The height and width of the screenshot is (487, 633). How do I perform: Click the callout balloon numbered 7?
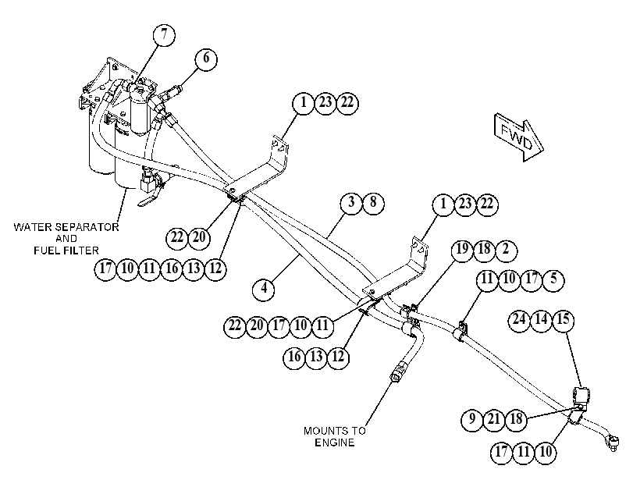[x=165, y=35]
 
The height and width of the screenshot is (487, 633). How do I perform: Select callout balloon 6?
[x=206, y=59]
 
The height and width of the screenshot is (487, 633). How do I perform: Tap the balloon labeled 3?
[x=351, y=203]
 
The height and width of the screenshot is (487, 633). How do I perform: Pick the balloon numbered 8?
[x=373, y=203]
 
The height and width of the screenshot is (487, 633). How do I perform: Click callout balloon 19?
[x=463, y=251]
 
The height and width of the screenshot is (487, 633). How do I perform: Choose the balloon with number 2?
[x=506, y=251]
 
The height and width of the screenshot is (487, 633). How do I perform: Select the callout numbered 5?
[x=553, y=279]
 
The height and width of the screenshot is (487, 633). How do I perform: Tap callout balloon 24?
[x=519, y=321]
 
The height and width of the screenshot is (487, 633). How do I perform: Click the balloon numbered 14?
[x=541, y=321]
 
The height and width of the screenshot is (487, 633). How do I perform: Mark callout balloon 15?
[x=563, y=321]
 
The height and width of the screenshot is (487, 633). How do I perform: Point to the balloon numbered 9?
[x=472, y=420]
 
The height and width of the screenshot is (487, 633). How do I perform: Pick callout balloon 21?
[x=494, y=420]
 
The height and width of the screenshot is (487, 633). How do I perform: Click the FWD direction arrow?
[x=519, y=137]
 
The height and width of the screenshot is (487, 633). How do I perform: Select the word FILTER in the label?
[x=80, y=251]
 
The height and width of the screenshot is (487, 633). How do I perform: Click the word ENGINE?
[x=335, y=443]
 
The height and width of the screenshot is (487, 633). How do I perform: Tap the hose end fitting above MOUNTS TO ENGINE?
[x=397, y=371]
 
